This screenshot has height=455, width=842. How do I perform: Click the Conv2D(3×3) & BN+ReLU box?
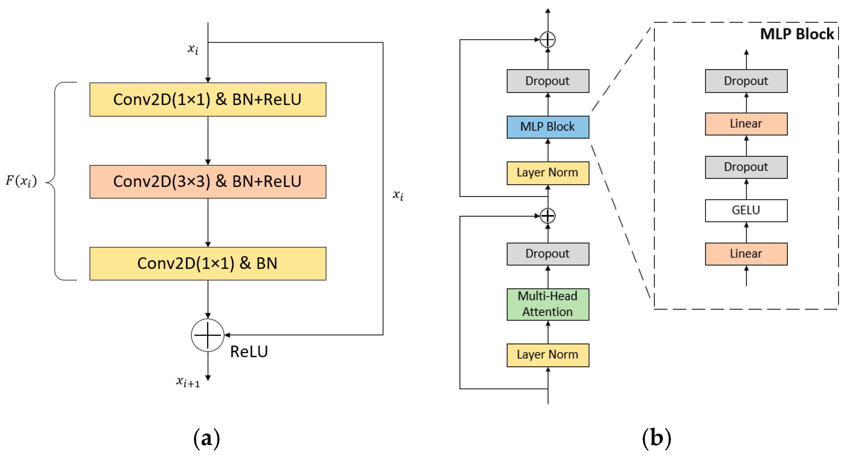coord(208,181)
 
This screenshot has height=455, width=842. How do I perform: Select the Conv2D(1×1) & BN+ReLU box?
coord(208,99)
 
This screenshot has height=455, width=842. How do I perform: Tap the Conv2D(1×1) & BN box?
coord(208,263)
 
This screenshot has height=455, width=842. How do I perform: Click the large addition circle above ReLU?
coord(208,335)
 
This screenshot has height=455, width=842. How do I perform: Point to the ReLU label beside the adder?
coord(249,352)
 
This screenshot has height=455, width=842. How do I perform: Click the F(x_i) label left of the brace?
coord(21,181)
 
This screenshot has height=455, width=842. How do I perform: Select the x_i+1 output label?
coord(188,381)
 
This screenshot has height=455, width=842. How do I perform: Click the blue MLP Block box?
coord(548,127)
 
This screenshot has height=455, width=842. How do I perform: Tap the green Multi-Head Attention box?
coord(548,304)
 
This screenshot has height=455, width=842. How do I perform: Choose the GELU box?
coord(746,210)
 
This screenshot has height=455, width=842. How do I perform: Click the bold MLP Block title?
coord(797,34)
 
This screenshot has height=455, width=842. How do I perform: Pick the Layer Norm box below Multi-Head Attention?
coord(548,355)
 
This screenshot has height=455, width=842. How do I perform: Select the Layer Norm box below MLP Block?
coord(548,173)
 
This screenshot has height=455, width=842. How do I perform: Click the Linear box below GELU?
coord(746,254)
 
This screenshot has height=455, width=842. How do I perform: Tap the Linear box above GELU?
coord(746,124)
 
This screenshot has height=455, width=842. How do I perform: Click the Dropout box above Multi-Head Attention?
coord(548,254)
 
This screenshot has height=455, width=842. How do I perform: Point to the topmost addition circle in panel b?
coord(548,40)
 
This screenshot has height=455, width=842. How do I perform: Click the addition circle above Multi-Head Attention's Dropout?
coord(548,216)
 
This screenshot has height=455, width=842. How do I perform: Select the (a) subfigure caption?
coord(207,438)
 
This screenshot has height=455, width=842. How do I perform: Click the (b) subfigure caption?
coord(657,438)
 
